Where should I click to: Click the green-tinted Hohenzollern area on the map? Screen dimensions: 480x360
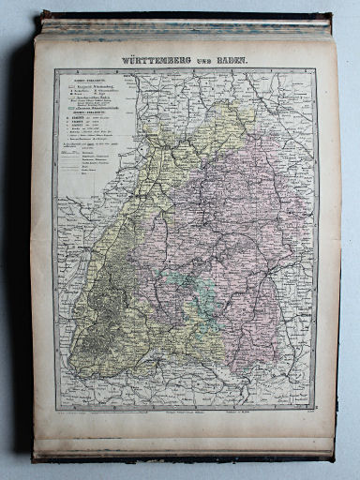(x=183, y=286)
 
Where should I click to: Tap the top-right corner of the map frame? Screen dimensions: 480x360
(x=315, y=70)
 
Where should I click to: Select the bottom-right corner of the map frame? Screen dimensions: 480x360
(x=315, y=410)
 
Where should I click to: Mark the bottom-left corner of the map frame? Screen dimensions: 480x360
(x=53, y=410)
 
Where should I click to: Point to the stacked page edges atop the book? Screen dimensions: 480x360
(x=183, y=25)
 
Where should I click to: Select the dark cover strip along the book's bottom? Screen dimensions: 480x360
(x=187, y=457)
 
